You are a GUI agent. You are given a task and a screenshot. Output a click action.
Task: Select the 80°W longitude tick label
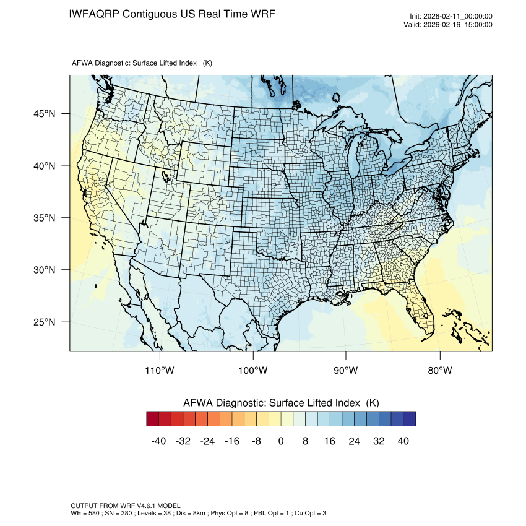439,371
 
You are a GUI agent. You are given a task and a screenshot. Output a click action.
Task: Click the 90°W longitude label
347,371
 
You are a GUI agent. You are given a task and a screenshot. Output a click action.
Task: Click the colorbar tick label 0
281,441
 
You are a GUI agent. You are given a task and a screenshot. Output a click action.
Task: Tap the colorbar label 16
330,441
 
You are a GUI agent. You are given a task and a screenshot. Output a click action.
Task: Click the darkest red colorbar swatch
153,419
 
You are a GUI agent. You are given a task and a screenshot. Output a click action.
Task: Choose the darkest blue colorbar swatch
409,419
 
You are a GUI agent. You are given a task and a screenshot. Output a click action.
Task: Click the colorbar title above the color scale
280,403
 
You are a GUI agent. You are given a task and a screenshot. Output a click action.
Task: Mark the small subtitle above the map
142,63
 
